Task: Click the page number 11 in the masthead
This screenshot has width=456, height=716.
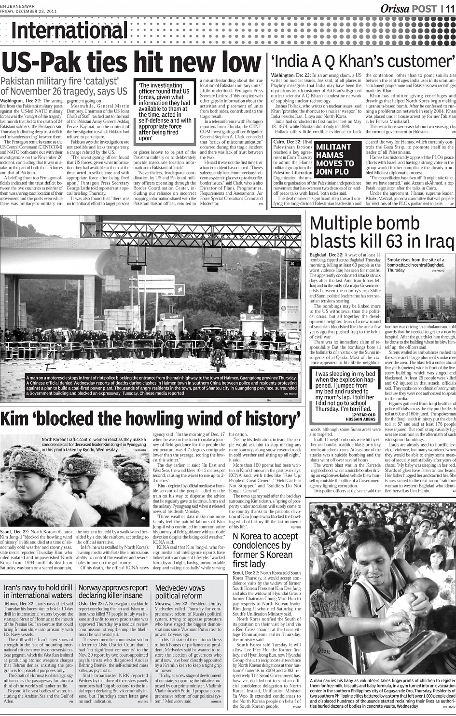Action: point(449,8)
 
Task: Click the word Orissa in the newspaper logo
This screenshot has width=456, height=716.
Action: point(395,8)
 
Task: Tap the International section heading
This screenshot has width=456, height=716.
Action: point(70,31)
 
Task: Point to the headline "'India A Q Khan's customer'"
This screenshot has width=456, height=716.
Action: point(363,61)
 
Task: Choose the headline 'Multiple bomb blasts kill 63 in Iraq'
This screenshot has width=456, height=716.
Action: point(382,232)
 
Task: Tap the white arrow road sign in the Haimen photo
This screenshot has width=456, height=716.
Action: point(180,290)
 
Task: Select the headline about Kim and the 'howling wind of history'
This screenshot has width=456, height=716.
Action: point(151,419)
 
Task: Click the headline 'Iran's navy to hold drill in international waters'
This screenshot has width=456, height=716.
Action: point(38,592)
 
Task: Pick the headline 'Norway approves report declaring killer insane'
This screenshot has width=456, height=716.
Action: point(113,592)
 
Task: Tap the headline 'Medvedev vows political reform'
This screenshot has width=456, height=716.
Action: point(180,592)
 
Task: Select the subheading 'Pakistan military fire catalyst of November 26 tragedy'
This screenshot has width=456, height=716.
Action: point(64,85)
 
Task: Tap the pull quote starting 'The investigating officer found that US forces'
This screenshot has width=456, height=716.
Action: point(165,111)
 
